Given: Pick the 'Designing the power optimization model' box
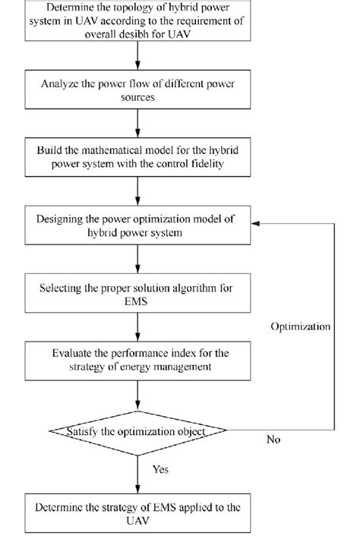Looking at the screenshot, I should point(137,225).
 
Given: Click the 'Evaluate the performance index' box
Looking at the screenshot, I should point(137,360).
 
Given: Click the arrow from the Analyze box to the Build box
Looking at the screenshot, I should point(137,122).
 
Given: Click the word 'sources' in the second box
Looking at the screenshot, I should point(137,98).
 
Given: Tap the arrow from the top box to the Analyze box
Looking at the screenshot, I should point(137,55).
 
